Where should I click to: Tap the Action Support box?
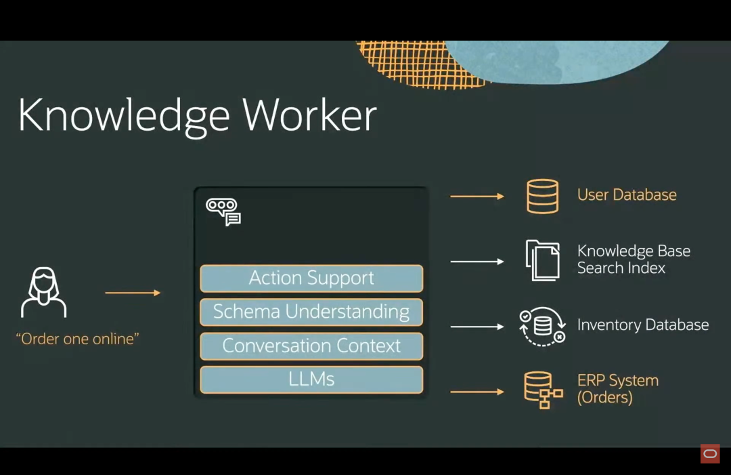click(x=311, y=278)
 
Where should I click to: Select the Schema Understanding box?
click(x=311, y=312)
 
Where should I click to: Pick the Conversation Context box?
click(x=311, y=346)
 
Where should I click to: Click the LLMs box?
click(x=311, y=379)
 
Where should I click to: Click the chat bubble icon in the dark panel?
click(x=223, y=211)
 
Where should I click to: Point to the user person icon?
click(x=44, y=292)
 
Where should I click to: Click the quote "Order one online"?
click(x=77, y=339)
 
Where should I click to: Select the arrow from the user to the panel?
click(x=133, y=293)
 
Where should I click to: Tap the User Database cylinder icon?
click(x=543, y=197)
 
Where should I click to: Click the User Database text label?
click(x=627, y=195)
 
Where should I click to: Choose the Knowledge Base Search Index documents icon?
click(x=543, y=260)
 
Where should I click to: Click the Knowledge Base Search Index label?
click(x=634, y=260)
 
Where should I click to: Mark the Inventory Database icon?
click(x=543, y=326)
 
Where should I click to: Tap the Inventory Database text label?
click(x=643, y=325)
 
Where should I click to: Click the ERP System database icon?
click(x=543, y=390)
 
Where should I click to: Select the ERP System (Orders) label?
click(x=617, y=389)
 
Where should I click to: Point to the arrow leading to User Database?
click(x=477, y=197)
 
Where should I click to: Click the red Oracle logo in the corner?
click(x=710, y=454)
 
